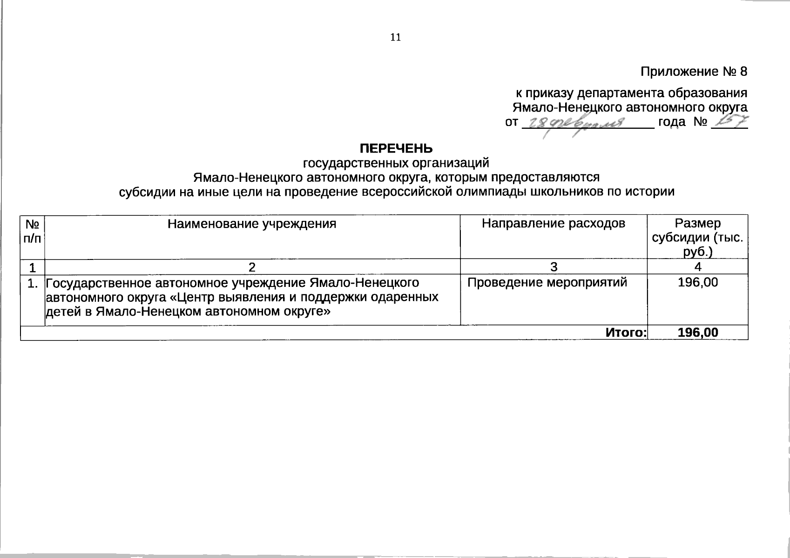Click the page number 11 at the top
coord(395,38)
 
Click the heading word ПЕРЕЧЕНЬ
coord(396,148)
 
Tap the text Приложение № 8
coord(694,72)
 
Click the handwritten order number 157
coord(730,121)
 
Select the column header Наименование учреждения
coord(252,224)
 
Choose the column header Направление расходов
coord(554,224)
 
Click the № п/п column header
coord(32,231)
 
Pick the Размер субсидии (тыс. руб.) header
coord(697,238)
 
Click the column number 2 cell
coord(252,267)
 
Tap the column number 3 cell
coord(554,267)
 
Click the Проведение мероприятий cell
coord(547,282)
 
